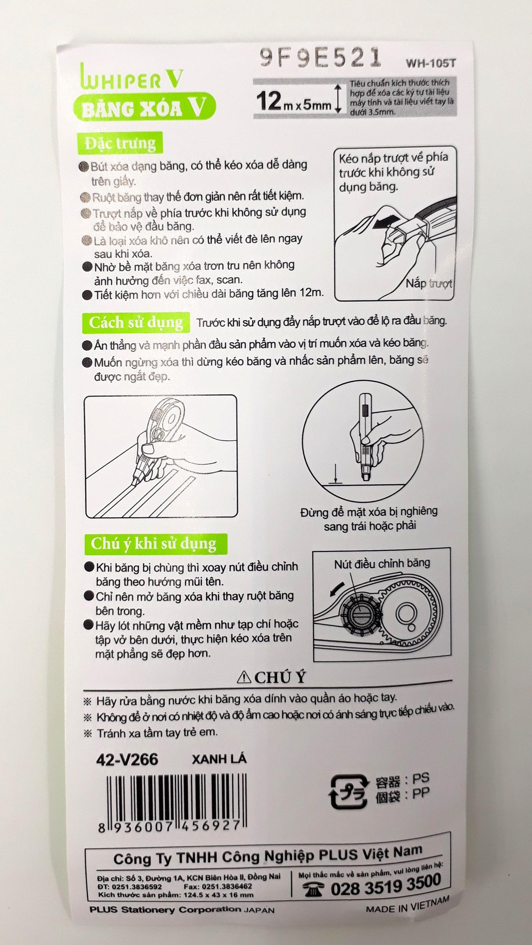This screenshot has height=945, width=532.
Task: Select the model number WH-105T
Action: pos(430,63)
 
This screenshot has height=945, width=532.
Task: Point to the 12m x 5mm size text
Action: pos(293,102)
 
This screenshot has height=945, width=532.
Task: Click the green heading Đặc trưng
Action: pos(120,143)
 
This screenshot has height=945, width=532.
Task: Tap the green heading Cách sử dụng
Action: pos(136,322)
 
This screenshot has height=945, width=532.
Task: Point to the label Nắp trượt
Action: pos(428,283)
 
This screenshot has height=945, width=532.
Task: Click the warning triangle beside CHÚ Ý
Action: pos(244,677)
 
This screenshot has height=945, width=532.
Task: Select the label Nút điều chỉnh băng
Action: pos(382,564)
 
